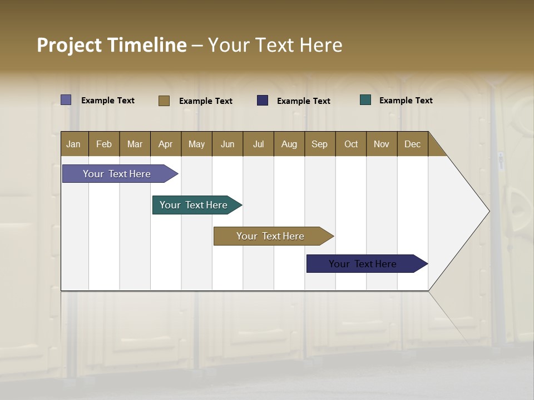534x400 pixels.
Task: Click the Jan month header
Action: point(73,144)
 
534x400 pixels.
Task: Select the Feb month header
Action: point(104,144)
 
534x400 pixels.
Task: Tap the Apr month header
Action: point(165,144)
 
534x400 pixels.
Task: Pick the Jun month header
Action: point(227,144)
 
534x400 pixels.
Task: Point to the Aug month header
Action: point(289,144)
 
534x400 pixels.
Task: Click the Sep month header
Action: point(319,144)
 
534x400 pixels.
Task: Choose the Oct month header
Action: point(350,144)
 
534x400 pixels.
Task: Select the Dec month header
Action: point(412,144)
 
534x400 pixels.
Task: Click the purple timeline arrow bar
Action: point(117,174)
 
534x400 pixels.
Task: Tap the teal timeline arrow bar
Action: point(194,205)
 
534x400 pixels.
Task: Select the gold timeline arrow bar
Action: point(270,236)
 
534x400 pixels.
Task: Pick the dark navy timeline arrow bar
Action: point(363,264)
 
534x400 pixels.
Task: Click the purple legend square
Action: point(66,100)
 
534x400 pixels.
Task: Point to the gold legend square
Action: point(164,101)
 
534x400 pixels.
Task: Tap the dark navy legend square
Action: point(263,101)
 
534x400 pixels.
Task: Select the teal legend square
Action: point(365,100)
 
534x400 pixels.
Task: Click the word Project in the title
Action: point(69,46)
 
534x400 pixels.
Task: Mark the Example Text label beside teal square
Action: point(406,101)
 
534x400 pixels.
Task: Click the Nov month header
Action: point(381,144)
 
